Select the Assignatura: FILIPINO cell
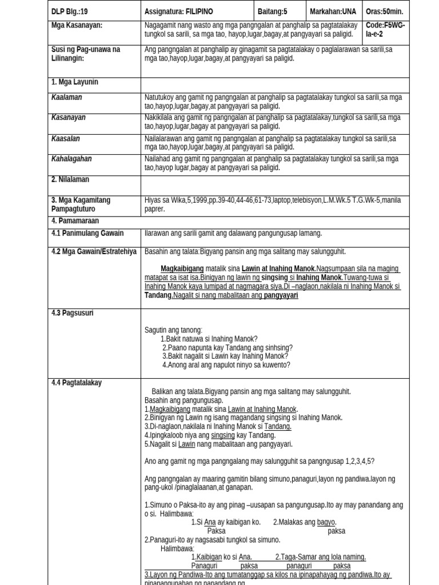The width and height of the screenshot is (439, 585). click(178, 11)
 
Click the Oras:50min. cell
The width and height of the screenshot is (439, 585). click(385, 11)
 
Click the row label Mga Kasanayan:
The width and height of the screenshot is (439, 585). click(77, 26)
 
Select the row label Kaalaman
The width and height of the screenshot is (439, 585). click(66, 98)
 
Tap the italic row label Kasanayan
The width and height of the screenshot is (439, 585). click(68, 118)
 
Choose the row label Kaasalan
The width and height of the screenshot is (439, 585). click(66, 139)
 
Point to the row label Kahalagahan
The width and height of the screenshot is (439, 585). click(71, 159)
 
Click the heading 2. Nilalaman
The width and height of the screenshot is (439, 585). click(70, 179)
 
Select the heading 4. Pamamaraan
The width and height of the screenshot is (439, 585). click(75, 221)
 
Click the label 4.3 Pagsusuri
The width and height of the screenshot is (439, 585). click(72, 313)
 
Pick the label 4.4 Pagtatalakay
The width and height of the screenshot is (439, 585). click(76, 383)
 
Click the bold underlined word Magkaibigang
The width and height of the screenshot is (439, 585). click(182, 269)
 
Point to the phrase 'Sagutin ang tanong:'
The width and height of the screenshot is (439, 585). click(173, 330)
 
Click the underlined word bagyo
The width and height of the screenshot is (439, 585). click(326, 522)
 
